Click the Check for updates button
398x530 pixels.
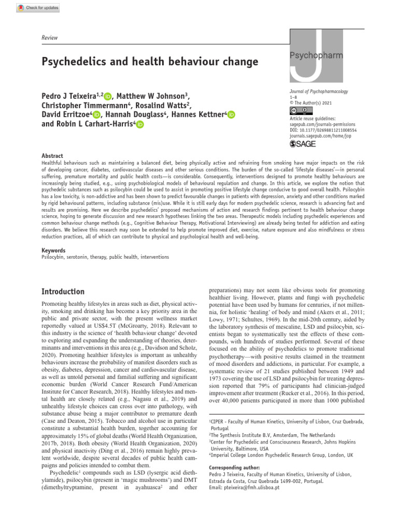[x=38, y=8]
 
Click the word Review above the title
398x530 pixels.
[x=50, y=38]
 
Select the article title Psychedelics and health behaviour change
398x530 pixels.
[x=149, y=62]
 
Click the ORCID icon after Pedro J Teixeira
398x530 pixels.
[x=108, y=96]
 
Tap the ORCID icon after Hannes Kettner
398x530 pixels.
[x=231, y=115]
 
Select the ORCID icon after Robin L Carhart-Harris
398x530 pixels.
[x=140, y=125]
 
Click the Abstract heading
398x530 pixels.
[x=52, y=156]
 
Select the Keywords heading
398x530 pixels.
[x=54, y=251]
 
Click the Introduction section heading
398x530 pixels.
[x=63, y=291]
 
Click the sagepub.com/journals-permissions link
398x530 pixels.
[x=323, y=124]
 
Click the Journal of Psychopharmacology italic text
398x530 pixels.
[x=319, y=92]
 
